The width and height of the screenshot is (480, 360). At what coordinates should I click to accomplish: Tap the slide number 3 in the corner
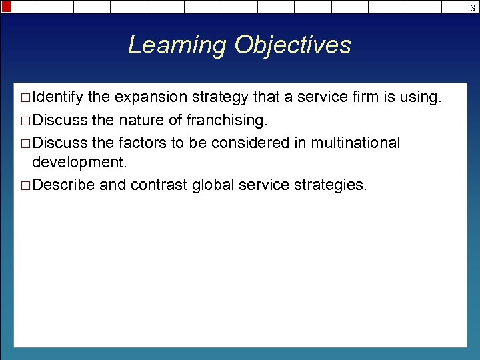pos(472,7)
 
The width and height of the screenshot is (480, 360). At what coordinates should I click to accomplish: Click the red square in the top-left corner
pos(6,7)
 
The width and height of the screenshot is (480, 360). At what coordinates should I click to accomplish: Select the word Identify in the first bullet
pos(57,98)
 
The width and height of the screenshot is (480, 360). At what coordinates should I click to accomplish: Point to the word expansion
pos(151,98)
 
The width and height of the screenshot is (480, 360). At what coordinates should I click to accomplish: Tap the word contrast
pos(159,185)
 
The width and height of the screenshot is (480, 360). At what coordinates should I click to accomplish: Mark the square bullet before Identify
pos(25,99)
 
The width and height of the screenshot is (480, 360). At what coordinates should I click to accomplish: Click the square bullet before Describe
pos(25,185)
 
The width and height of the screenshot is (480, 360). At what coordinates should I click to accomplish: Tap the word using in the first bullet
pos(419,98)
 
